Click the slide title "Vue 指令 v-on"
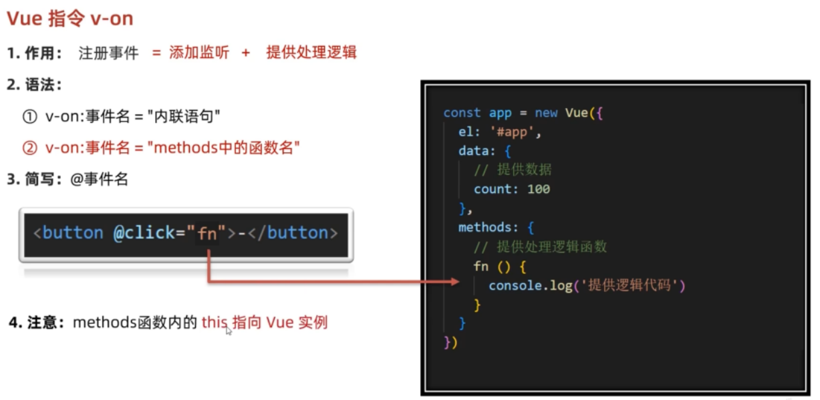coord(70,19)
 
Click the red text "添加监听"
coord(199,53)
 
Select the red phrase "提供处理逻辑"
coord(311,53)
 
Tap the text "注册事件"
coord(108,53)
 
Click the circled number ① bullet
coord(29,116)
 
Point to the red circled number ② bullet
coord(29,148)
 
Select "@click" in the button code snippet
coord(144,233)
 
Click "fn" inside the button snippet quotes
coord(207,234)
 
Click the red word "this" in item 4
coord(215,323)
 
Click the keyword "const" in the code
coord(462,113)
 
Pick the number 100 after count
coord(539,189)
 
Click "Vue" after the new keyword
coord(576,113)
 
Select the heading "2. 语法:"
coord(35,85)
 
